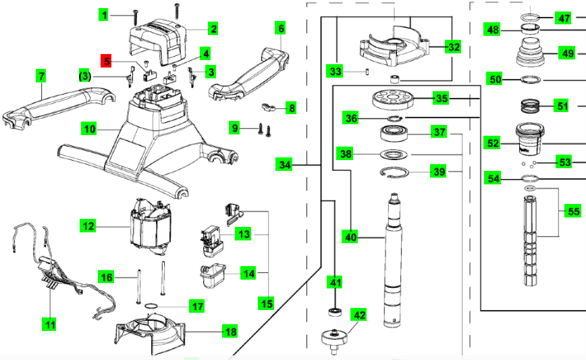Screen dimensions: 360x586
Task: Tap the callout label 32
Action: tap(454, 47)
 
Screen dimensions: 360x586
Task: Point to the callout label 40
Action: tap(350, 237)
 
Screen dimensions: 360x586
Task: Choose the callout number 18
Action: tap(231, 332)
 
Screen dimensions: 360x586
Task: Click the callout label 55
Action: tap(573, 211)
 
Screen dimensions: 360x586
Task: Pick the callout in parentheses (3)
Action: tap(84, 76)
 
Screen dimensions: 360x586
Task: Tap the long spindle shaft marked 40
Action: tap(393, 263)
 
